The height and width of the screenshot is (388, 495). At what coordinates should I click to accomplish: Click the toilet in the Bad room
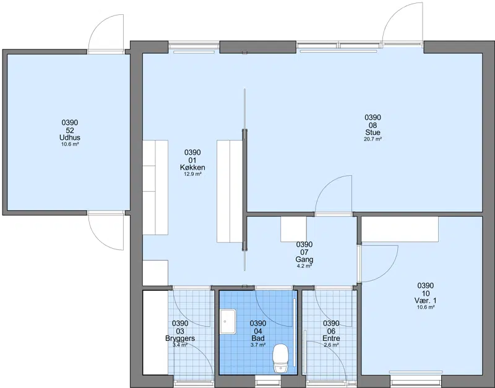[x=280, y=358]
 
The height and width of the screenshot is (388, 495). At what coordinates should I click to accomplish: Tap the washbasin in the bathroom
[x=228, y=321]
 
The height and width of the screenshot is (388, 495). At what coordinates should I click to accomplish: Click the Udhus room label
[x=70, y=137]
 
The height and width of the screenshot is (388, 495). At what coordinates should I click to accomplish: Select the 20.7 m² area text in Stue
[x=373, y=139]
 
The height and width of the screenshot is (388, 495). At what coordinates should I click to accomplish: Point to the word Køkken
[x=192, y=168]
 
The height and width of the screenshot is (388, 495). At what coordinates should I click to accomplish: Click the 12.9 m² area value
[x=192, y=174]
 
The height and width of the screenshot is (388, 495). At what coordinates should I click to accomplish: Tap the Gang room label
[x=304, y=260]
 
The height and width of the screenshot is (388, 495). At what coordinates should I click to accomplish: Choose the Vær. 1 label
[x=426, y=301]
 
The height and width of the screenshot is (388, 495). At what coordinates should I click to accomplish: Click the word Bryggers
[x=180, y=338]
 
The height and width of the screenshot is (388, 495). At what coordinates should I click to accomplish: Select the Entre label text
[x=331, y=338]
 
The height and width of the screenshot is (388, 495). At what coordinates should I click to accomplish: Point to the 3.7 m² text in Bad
[x=258, y=345]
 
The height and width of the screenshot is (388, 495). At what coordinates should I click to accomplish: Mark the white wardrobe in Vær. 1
[x=400, y=229]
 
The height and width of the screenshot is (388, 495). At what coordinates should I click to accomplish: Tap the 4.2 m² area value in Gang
[x=304, y=266]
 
